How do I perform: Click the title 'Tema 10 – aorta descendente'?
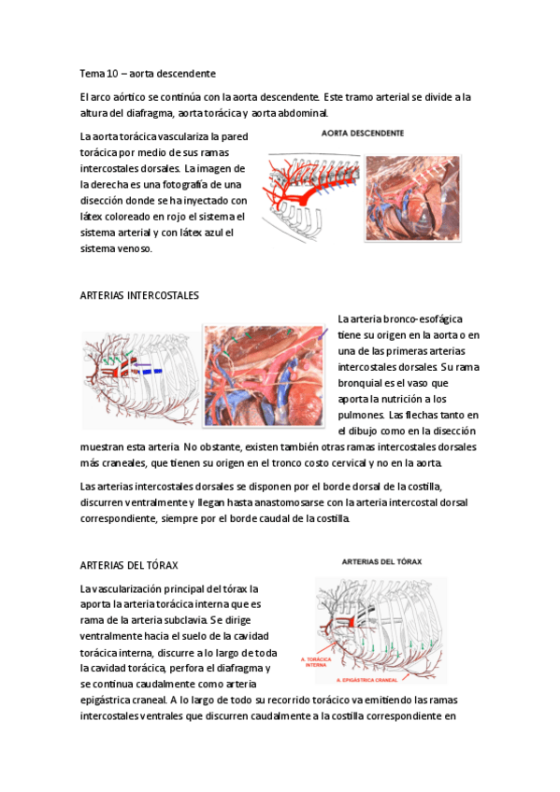[149, 72]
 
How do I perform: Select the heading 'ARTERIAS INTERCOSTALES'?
[140, 295]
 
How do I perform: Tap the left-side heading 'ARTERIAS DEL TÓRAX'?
[129, 566]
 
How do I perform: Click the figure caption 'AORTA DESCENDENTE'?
[363, 134]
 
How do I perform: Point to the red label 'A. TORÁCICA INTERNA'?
[315, 661]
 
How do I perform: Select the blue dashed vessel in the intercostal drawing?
[147, 371]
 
